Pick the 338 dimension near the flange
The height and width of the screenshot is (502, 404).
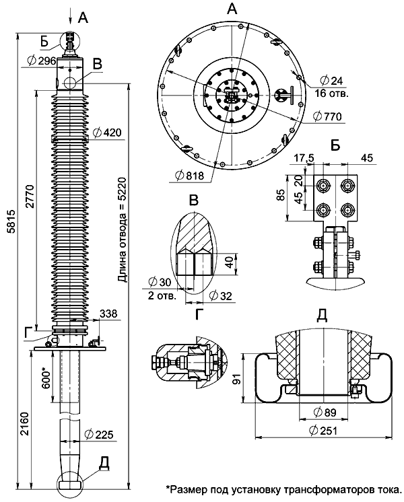(x=108, y=314)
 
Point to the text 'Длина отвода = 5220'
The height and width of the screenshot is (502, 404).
(x=122, y=235)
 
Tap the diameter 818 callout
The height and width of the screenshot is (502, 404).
(x=189, y=175)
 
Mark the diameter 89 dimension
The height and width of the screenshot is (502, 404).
(x=321, y=411)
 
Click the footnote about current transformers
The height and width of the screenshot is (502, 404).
(x=283, y=488)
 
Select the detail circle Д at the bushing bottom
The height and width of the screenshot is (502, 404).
(x=71, y=480)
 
